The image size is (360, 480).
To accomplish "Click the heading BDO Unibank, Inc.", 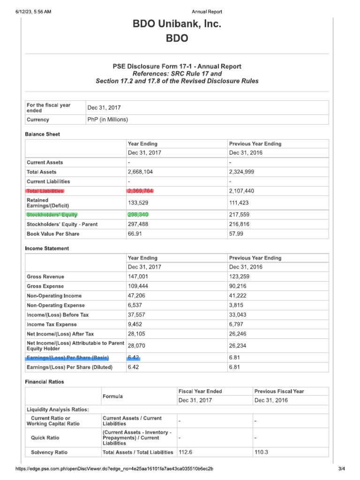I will pyautogui.click(x=177, y=24).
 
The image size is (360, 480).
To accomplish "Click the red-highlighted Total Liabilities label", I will pyautogui.click(x=45, y=191).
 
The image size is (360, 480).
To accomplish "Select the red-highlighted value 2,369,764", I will pyautogui.click(x=140, y=191).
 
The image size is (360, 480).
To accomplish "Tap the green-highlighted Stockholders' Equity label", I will pyautogui.click(x=52, y=215).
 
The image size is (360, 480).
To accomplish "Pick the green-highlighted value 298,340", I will pyautogui.click(x=138, y=215).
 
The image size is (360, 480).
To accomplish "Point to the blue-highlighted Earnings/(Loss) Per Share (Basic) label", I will pyautogui.click(x=67, y=358).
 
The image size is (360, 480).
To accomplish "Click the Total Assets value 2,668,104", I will pyautogui.click(x=140, y=172).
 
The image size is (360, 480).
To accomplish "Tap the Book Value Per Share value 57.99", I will pyautogui.click(x=236, y=233).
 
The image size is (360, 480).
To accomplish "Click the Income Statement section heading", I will pyautogui.click(x=47, y=248).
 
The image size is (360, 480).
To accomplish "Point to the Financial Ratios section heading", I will pyautogui.click(x=45, y=382).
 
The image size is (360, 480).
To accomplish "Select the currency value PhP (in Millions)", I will pyautogui.click(x=107, y=120).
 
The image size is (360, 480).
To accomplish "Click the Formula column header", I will pyautogui.click(x=112, y=397).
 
